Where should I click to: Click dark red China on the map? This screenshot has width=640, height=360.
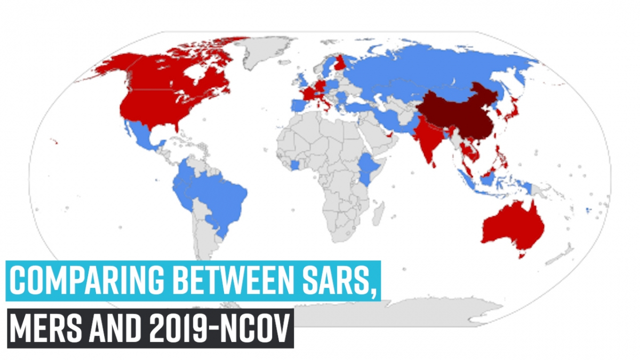click(459, 115)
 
